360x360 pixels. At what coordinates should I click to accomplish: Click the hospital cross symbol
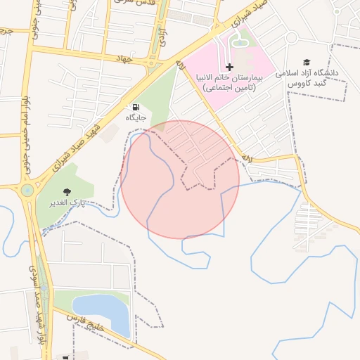click(x=230, y=67)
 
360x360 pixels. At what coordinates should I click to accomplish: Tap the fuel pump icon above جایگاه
click(x=135, y=108)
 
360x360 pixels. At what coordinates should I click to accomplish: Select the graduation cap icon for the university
click(x=306, y=63)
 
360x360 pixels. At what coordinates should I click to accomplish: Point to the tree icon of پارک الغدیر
click(x=67, y=192)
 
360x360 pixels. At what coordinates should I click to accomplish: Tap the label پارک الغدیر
click(x=67, y=202)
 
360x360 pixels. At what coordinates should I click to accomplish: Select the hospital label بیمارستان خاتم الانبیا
click(x=230, y=78)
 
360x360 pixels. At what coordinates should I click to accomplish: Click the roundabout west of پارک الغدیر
click(x=27, y=189)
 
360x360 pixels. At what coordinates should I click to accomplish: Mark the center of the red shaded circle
click(x=180, y=179)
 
